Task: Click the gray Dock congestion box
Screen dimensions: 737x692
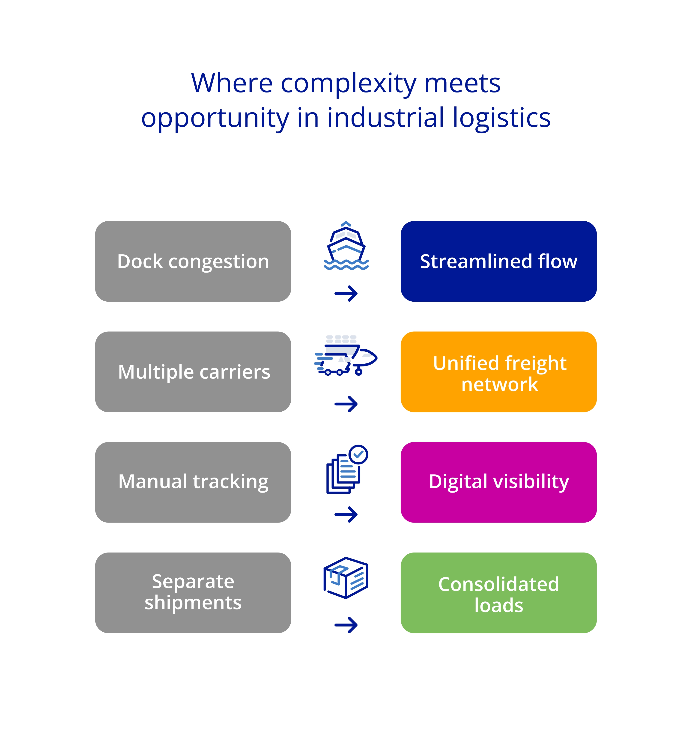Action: tap(193, 261)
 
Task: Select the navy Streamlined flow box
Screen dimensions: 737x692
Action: tap(498, 261)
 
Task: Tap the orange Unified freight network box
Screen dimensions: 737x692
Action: tap(498, 372)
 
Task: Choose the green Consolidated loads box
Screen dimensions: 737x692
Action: tap(498, 593)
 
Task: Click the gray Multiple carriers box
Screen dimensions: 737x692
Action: tap(193, 372)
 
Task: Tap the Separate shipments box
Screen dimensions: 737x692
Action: tap(193, 593)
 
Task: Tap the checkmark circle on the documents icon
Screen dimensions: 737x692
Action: tap(358, 455)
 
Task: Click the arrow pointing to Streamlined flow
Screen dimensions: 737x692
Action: tap(346, 294)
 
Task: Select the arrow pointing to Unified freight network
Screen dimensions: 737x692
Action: tap(346, 404)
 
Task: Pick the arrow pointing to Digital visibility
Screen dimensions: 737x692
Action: tap(346, 514)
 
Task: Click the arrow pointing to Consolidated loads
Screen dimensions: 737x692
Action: tap(346, 625)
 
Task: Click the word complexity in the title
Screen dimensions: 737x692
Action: tap(349, 84)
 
